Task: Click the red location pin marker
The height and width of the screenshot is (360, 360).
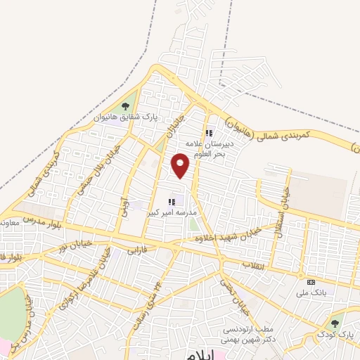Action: [x=181, y=166]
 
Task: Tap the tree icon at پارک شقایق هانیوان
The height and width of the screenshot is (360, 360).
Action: [x=126, y=106]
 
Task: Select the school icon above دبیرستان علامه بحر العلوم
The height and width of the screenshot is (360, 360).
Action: [x=209, y=132]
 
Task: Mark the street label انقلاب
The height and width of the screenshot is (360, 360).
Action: [x=251, y=264]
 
